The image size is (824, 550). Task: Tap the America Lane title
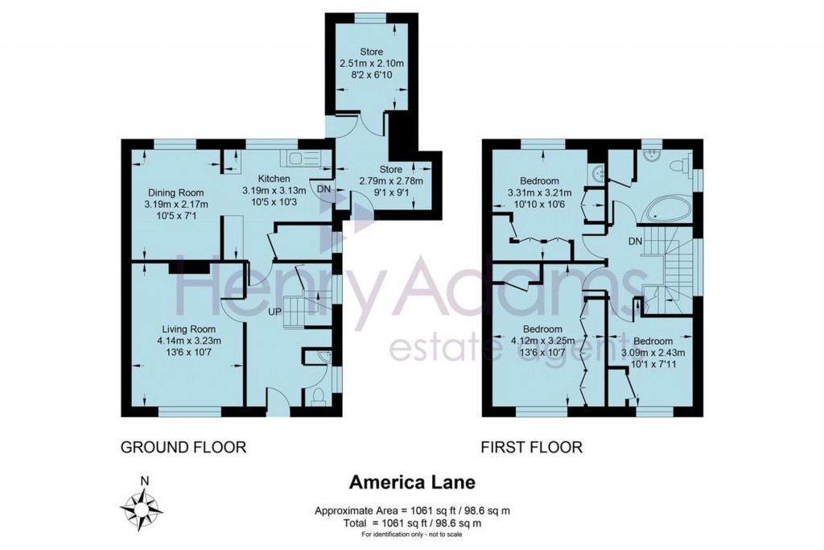411,482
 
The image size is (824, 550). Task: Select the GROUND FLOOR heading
183,447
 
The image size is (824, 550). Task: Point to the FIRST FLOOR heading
531,447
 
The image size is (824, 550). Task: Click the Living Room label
190,329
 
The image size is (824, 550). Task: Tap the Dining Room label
175,192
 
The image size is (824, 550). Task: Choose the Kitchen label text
274,179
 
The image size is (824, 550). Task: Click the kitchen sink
304,157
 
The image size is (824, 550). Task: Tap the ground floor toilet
318,395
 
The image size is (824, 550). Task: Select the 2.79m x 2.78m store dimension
390,180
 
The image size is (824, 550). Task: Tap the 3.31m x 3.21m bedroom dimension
539,193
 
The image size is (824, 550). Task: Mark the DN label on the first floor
635,241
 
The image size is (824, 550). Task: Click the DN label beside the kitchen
323,188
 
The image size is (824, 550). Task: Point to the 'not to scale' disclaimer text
411,535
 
